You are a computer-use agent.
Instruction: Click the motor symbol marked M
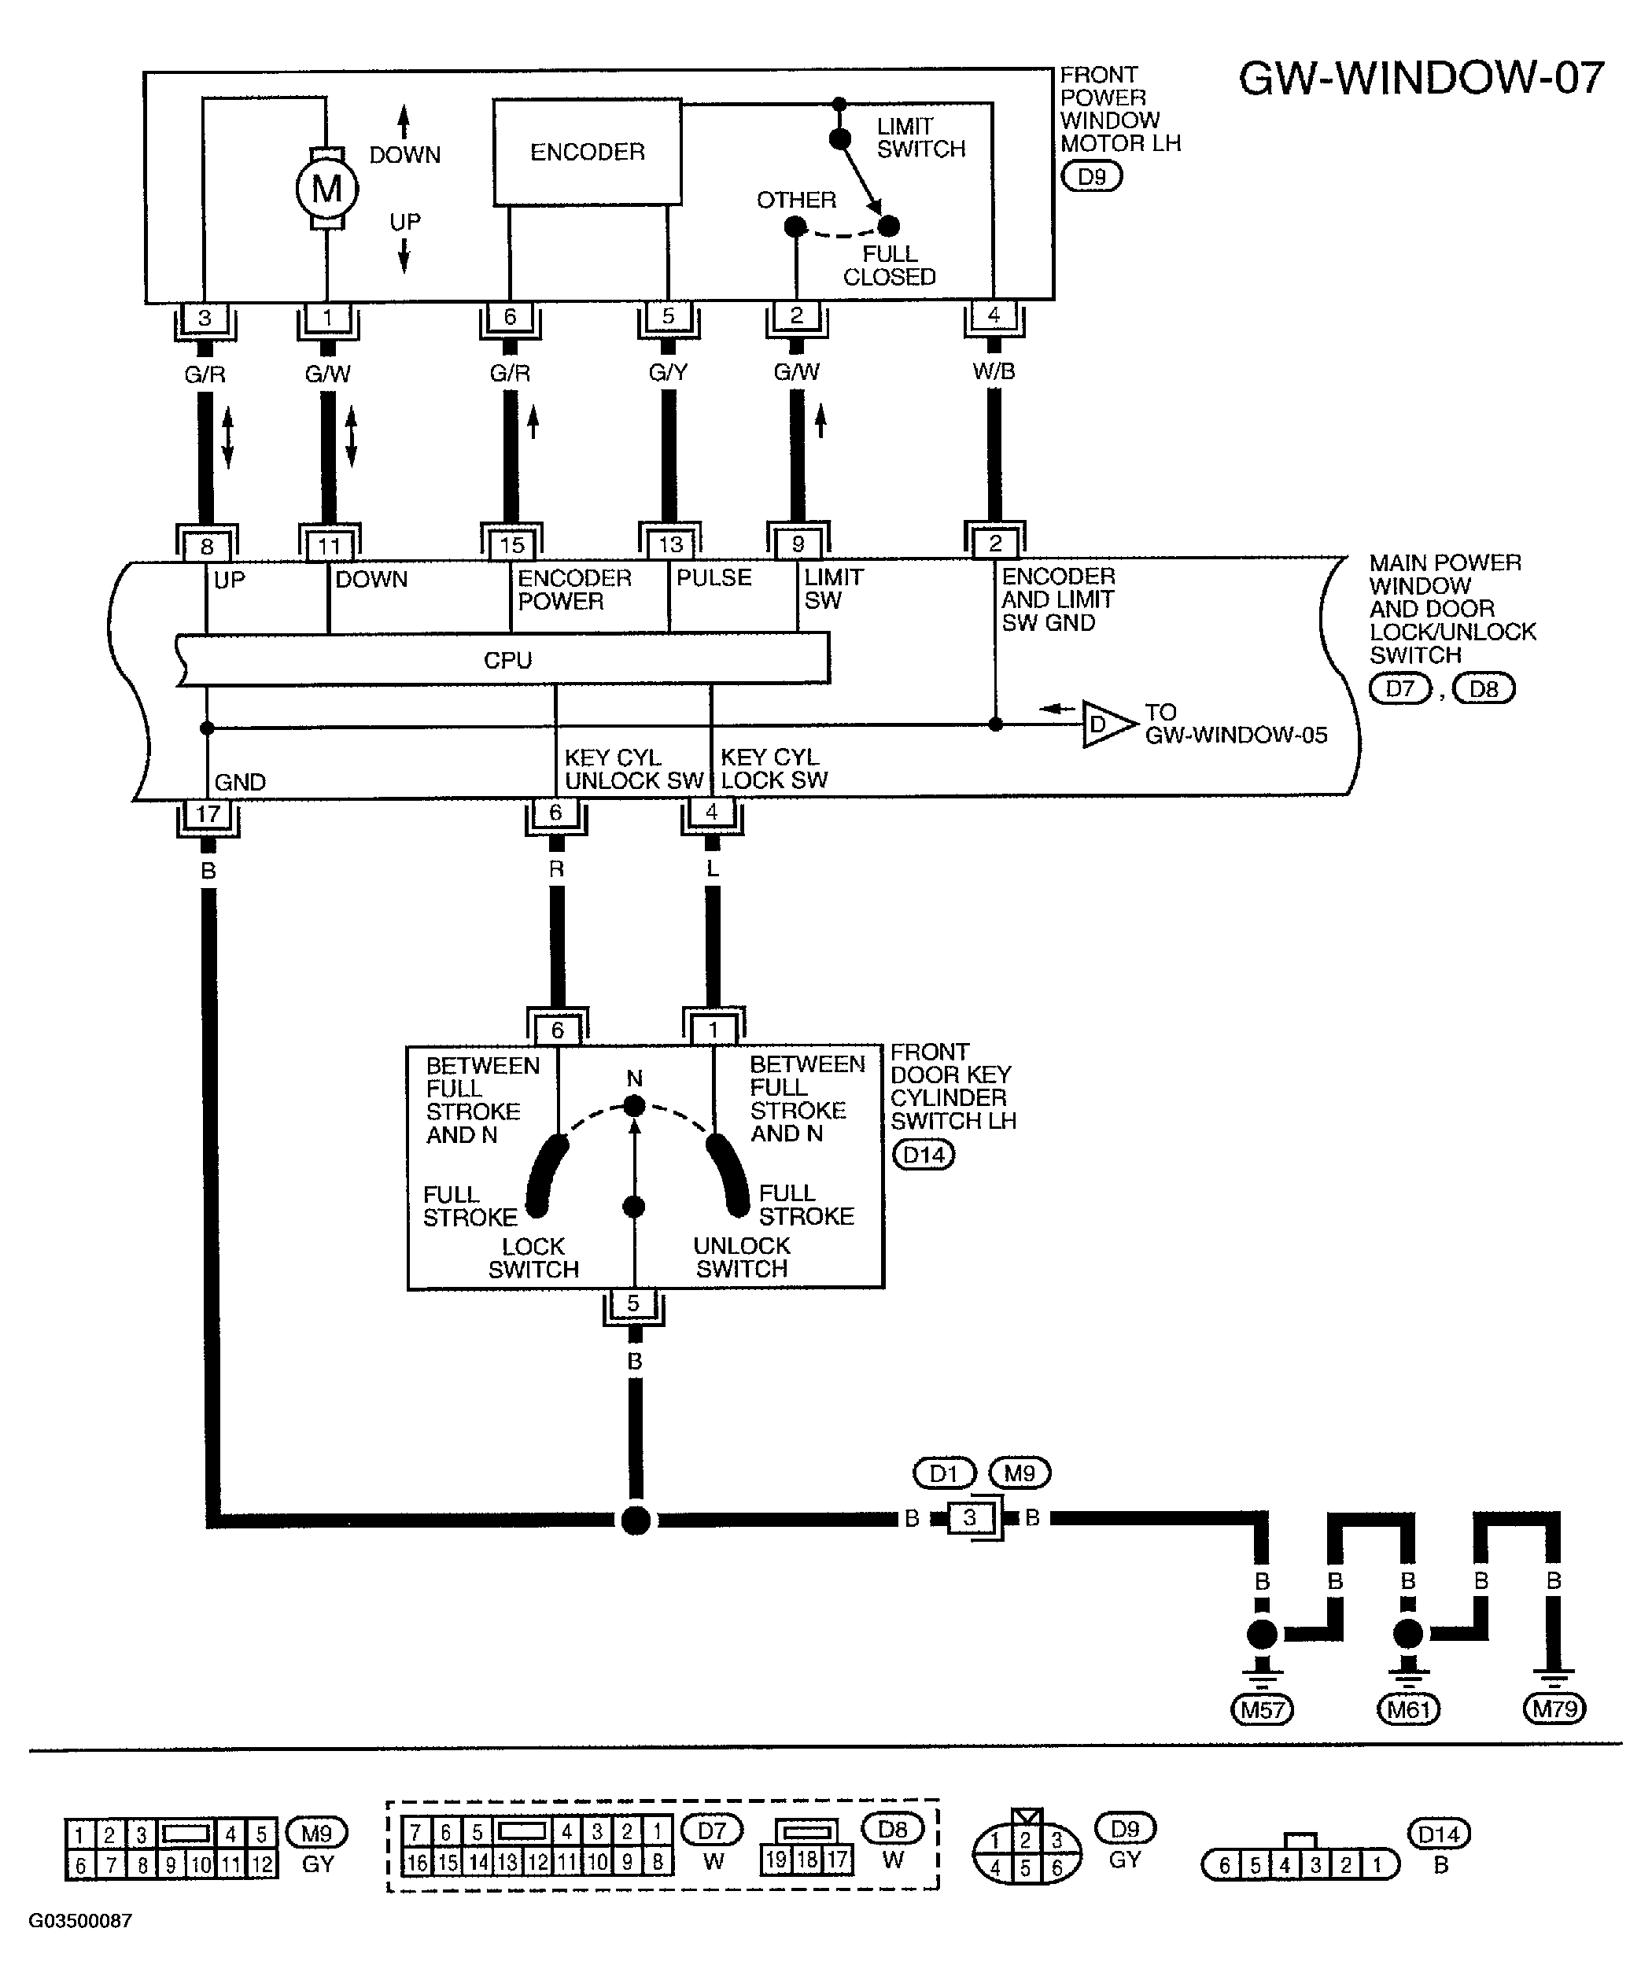pos(326,190)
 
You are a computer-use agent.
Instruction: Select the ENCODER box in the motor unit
pos(588,151)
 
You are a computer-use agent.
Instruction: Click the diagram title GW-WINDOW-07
pos(1422,79)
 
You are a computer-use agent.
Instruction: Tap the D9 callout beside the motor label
pos(1092,177)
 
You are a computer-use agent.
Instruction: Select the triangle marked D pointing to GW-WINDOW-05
pos(1107,724)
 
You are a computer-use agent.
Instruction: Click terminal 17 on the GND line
pos(207,813)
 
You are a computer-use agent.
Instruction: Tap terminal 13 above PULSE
pos(670,545)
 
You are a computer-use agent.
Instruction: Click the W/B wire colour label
pos(994,372)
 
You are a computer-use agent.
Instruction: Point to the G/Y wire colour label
pos(668,373)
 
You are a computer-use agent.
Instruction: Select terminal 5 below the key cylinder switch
pos(634,1304)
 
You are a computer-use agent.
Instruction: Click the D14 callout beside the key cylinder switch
pos(924,1156)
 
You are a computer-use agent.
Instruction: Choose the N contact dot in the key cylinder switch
pos(635,1106)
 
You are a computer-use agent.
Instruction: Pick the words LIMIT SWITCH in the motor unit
pos(920,138)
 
